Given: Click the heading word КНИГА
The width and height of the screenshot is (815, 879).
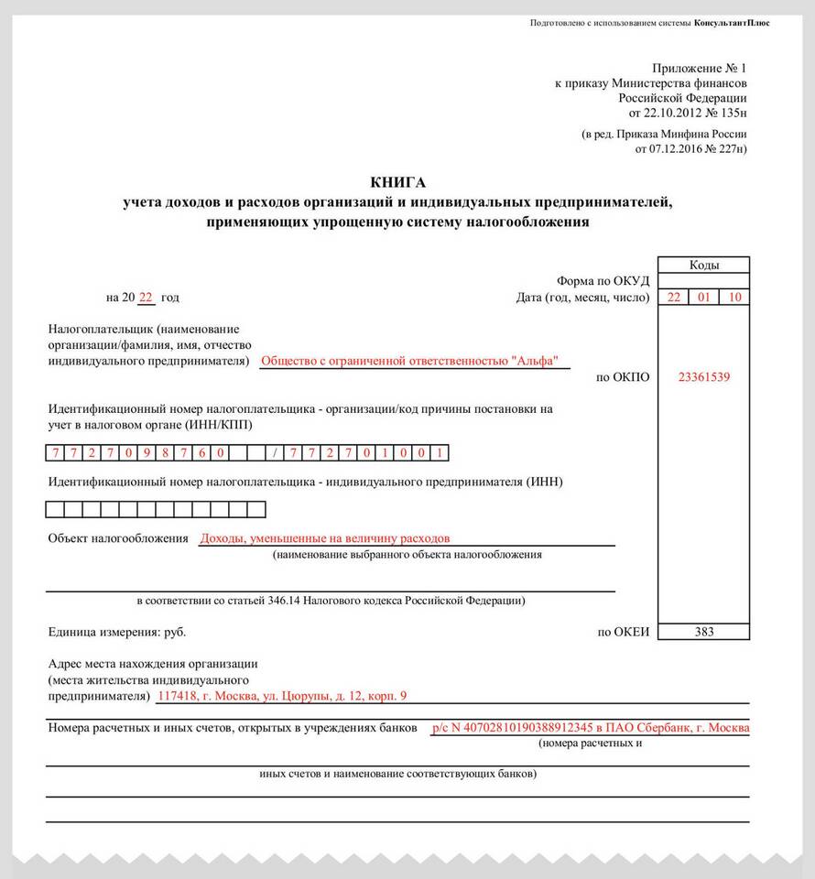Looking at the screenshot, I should (398, 182).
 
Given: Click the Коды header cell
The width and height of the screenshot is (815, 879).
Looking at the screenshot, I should (703, 266).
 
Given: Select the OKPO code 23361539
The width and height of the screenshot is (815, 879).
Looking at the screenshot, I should (703, 376).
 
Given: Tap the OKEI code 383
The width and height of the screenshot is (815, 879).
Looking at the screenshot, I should (703, 632).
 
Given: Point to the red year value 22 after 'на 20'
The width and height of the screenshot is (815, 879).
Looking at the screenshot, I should (146, 298).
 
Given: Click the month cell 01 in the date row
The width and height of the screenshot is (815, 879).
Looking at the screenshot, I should (703, 298).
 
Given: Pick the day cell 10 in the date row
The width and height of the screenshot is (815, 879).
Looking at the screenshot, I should (734, 298).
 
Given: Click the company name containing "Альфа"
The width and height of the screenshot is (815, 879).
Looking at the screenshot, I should (409, 361).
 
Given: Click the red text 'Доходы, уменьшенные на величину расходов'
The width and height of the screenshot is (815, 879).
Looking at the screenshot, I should (325, 538).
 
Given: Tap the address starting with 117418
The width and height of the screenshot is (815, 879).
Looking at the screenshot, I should (282, 696).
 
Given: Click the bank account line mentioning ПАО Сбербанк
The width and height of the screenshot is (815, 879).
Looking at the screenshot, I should (591, 728).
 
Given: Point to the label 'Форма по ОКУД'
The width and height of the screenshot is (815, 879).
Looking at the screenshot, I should (603, 281).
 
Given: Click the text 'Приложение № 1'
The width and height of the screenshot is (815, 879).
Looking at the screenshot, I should (700, 69).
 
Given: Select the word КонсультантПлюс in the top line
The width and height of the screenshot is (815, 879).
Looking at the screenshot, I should (732, 23).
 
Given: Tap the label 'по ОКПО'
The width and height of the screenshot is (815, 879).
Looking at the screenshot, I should (623, 376).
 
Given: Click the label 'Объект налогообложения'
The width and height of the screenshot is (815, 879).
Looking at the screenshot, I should (117, 538).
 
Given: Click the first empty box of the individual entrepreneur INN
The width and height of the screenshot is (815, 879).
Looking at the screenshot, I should (55, 509).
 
